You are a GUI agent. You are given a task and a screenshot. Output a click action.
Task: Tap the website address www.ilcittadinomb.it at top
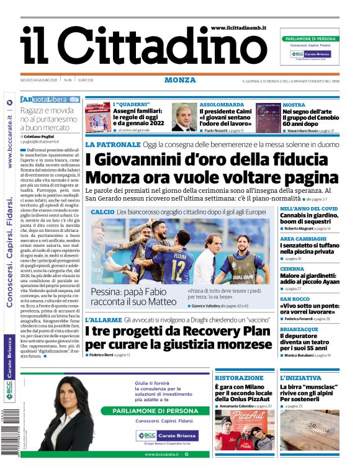pos(239,28)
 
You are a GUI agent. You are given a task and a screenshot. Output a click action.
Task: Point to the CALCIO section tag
pos(102,212)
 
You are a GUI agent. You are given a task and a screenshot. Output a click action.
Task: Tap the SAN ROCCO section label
pos(295,298)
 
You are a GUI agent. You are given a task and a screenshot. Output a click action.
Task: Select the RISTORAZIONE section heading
pos(240,378)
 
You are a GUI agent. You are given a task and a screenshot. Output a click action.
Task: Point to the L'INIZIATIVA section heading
pos(300,378)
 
